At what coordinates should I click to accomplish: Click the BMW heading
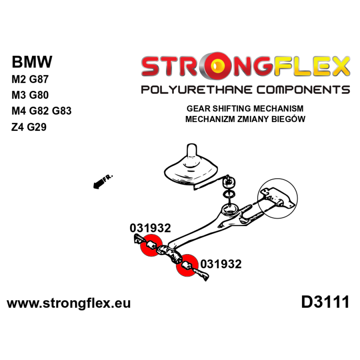pyautogui.click(x=32, y=62)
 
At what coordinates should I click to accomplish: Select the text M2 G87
pyautogui.click(x=30, y=79)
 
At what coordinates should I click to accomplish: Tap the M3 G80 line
pyautogui.click(x=30, y=95)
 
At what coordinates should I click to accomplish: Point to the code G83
pyautogui.click(x=62, y=111)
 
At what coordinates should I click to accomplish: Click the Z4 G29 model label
pyautogui.click(x=29, y=127)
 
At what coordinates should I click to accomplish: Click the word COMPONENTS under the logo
pyautogui.click(x=303, y=90)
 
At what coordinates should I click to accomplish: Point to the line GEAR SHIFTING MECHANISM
pyautogui.click(x=245, y=108)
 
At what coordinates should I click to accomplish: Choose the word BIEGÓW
pyautogui.click(x=288, y=119)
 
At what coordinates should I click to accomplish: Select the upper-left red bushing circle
pyautogui.click(x=151, y=245)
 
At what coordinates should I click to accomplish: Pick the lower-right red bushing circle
pyautogui.click(x=187, y=265)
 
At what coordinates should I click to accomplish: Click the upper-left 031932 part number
pyautogui.click(x=150, y=228)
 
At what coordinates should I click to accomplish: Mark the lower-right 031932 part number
pyautogui.click(x=221, y=264)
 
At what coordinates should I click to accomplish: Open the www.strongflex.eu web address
pyautogui.click(x=69, y=303)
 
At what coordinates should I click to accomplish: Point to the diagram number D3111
pyautogui.click(x=325, y=302)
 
